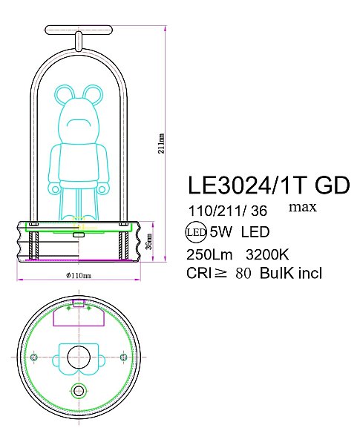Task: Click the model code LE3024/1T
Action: coord(240,184)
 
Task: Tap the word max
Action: coord(302,206)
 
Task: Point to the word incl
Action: coord(309,274)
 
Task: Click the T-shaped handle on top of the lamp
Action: coord(78,32)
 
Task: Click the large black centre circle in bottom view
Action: coord(78,358)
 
